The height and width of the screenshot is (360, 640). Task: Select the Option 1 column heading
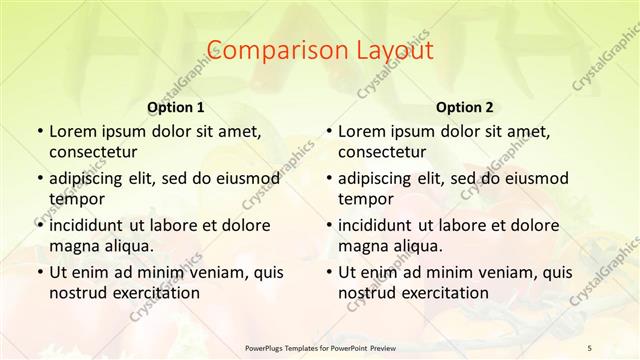tap(176, 107)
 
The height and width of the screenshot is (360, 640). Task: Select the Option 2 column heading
tap(465, 107)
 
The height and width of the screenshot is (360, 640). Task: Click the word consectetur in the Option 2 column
tap(382, 152)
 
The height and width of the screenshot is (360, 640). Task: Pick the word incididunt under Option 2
tap(378, 225)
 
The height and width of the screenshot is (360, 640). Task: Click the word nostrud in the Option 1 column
tap(76, 292)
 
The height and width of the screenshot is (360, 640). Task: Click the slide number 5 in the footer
tap(590, 346)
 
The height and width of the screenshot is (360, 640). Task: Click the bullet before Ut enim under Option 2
tap(329, 272)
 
